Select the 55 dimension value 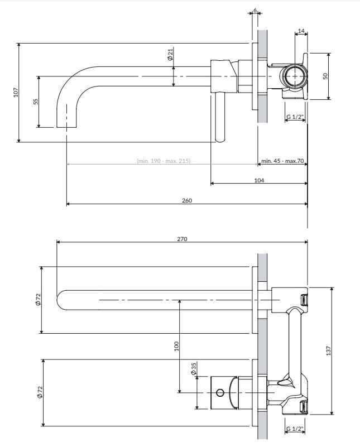coord(35,102)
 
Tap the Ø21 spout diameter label coord(170,55)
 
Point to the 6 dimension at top coord(255,11)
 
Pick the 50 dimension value coord(325,75)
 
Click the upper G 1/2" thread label coord(295,117)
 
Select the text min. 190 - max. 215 coord(164,161)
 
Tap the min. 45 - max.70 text coord(282,161)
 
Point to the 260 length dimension coord(186,200)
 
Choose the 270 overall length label coord(182,238)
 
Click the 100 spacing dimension coord(176,346)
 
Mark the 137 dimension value coord(329,350)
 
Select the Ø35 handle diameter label coord(194,369)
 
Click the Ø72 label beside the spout coord(38,299)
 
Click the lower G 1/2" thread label coord(295,429)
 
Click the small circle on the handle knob coord(219,392)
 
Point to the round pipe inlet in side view coord(293,75)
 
